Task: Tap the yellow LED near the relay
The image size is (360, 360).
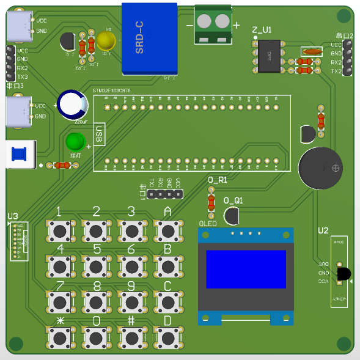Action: point(106,42)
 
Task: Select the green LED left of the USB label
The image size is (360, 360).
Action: point(76,143)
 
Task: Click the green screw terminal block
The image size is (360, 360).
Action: point(213,24)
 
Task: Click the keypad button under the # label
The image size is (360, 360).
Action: point(131,337)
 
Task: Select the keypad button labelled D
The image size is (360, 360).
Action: point(167,337)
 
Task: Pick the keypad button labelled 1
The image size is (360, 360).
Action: point(60,230)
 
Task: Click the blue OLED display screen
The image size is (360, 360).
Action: point(246,269)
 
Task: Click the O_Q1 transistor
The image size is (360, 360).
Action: point(232,215)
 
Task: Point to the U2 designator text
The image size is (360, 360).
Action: point(323,230)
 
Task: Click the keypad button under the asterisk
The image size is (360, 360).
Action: point(60,337)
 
